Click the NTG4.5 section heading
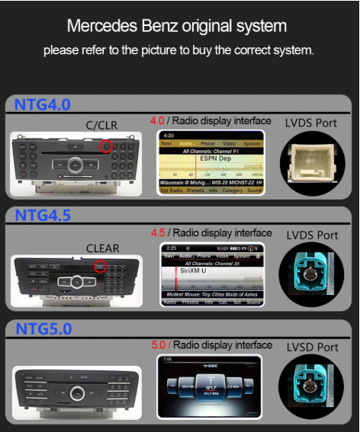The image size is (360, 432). tap(43, 216)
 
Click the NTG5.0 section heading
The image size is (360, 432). tap(43, 329)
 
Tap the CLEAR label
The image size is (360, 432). tap(102, 248)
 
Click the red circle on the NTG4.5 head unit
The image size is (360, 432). tap(100, 266)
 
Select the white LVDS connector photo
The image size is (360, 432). tap(311, 162)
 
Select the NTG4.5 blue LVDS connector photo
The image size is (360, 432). tap(311, 274)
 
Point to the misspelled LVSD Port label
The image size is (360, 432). tap(312, 347)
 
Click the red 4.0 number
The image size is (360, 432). tap(157, 120)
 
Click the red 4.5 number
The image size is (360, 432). tap(157, 232)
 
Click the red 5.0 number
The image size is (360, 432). tap(158, 345)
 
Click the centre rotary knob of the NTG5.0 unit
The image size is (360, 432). tap(76, 394)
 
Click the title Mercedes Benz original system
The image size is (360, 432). tap(177, 26)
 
